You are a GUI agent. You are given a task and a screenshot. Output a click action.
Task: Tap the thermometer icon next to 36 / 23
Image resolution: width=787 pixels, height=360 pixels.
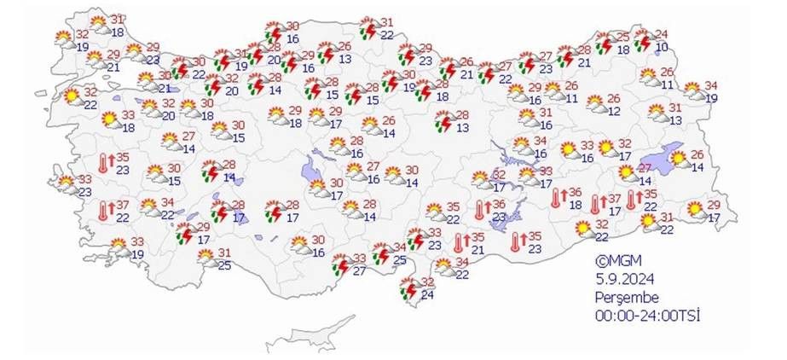pos(481,209)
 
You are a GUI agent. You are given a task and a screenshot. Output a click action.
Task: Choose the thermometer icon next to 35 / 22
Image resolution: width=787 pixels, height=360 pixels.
pos(633,200)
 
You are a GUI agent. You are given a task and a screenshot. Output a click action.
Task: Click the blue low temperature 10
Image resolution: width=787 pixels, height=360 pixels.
pos(661,48)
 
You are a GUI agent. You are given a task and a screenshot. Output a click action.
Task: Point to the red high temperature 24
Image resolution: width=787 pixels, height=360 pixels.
pos(661,35)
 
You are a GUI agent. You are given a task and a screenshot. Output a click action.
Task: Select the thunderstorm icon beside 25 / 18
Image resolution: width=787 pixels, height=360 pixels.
pos(605,41)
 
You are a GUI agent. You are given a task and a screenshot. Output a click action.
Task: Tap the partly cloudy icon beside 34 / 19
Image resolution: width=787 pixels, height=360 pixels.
pos(692,90)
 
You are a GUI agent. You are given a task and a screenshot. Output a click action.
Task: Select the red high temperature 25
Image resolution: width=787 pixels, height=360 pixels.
pos(622,37)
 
